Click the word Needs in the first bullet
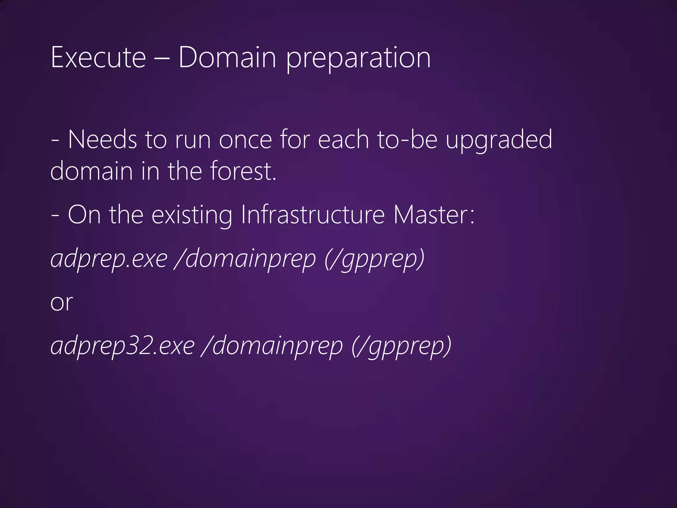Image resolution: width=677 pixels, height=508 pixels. (102, 140)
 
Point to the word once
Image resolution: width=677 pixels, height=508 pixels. (245, 140)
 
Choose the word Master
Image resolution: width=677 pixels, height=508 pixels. (434, 215)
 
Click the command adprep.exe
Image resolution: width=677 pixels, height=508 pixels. (109, 260)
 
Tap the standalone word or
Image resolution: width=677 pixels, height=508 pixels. (61, 303)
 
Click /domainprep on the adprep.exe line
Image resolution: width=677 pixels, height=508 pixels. (246, 260)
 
